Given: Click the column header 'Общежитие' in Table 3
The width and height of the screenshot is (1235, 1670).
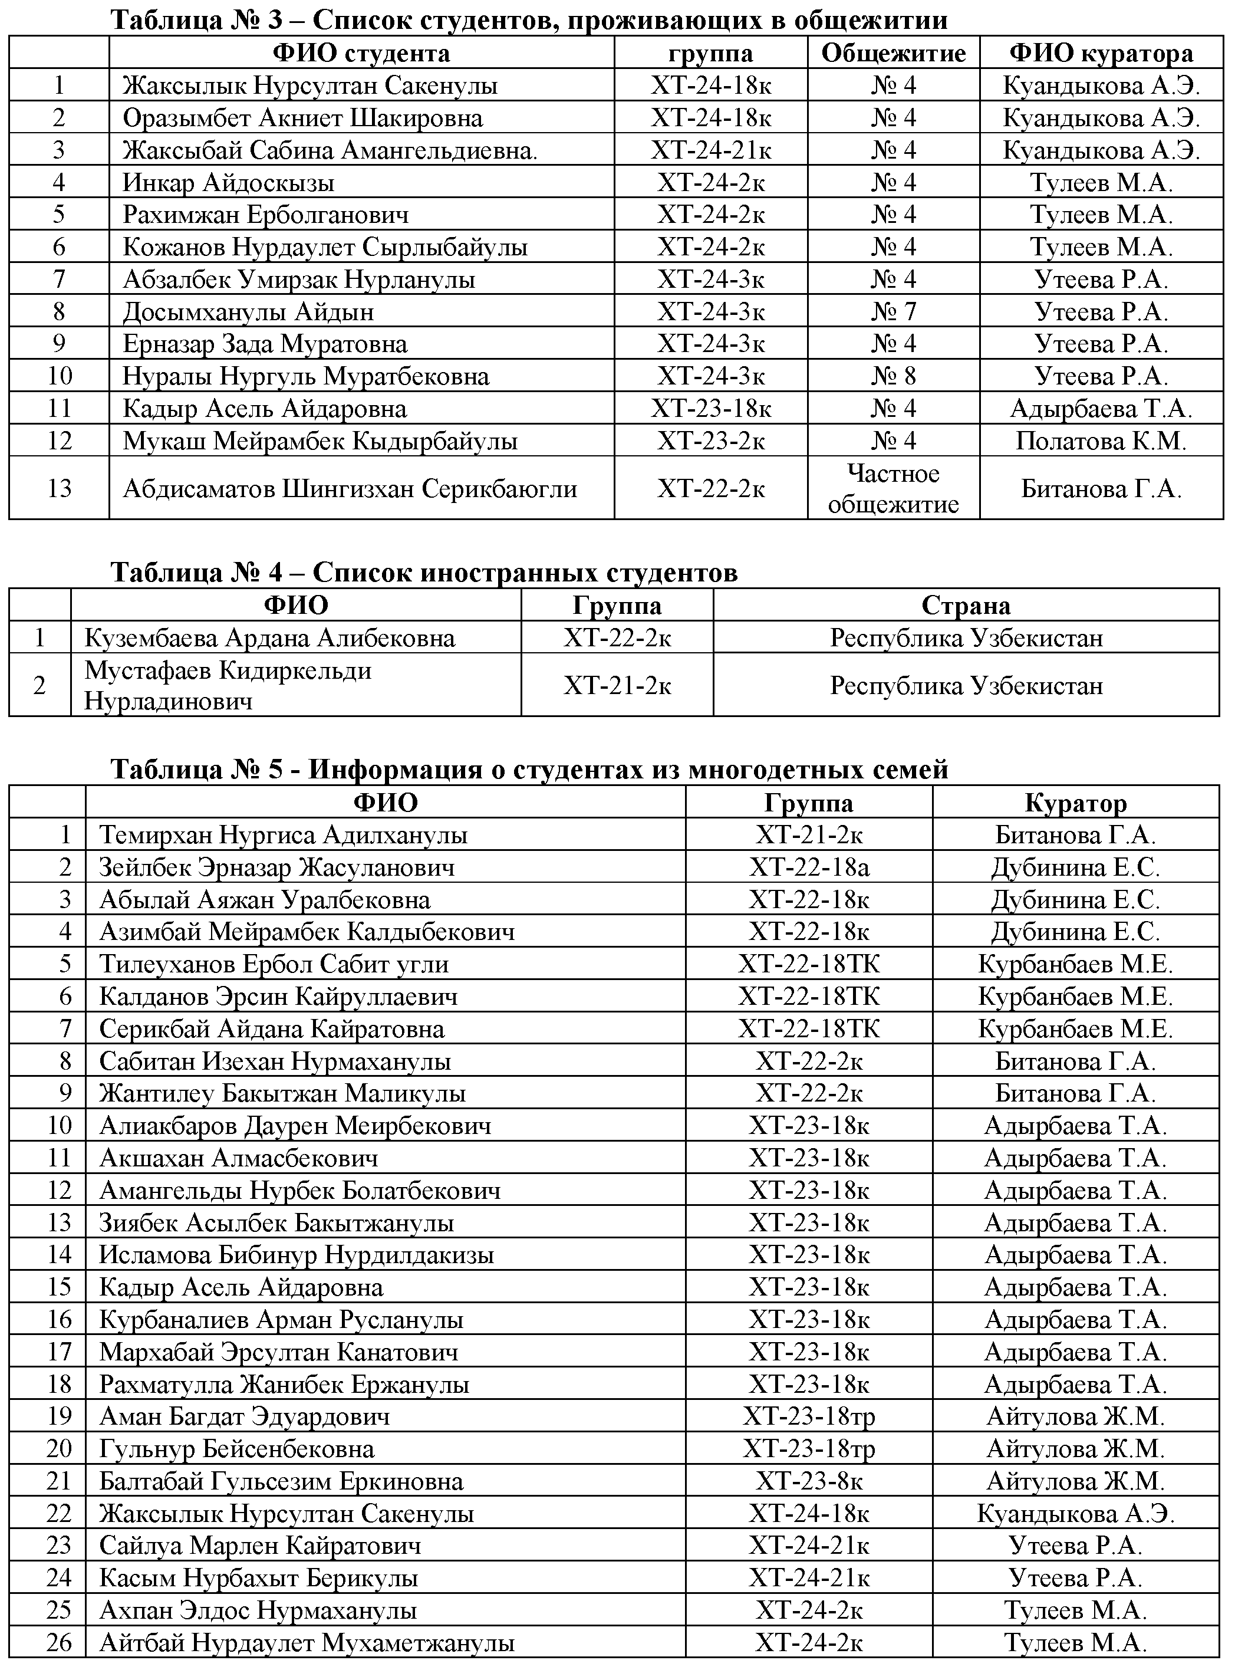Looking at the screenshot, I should pyautogui.click(x=893, y=53).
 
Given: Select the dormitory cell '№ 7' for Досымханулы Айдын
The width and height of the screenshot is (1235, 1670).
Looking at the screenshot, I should pyautogui.click(x=893, y=311).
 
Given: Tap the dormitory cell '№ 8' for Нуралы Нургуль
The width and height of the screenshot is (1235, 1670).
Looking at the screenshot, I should pyautogui.click(x=893, y=376).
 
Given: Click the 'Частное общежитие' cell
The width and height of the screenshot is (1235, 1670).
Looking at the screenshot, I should pyautogui.click(x=893, y=488).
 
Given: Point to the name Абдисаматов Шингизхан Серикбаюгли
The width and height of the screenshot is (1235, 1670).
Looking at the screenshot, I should pyautogui.click(x=350, y=489).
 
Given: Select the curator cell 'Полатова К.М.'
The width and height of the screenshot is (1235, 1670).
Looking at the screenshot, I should pyautogui.click(x=1101, y=440).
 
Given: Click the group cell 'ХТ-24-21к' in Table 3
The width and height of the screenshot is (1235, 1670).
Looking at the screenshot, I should pyautogui.click(x=710, y=150).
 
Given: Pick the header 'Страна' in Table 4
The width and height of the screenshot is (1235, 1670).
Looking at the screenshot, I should pyautogui.click(x=965, y=605).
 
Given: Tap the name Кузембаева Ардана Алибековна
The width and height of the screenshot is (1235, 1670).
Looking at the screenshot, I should pyautogui.click(x=269, y=638).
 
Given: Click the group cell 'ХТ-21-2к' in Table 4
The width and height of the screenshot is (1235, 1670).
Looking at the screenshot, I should pyautogui.click(x=617, y=685).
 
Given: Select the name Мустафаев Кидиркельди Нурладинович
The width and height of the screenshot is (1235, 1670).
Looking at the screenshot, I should pyautogui.click(x=228, y=685).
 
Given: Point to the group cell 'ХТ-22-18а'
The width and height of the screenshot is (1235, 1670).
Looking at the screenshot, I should pyautogui.click(x=809, y=867).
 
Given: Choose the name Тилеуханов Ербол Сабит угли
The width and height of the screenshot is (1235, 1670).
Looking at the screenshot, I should pyautogui.click(x=274, y=964).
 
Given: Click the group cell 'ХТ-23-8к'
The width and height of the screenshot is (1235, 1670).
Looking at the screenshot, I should pyautogui.click(x=809, y=1481).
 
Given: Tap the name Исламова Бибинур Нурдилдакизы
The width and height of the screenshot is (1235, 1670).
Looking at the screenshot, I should pyautogui.click(x=296, y=1255).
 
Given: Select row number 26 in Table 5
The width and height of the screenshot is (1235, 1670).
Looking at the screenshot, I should pyautogui.click(x=59, y=1642).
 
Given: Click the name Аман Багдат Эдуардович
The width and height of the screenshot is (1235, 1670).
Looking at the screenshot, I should pyautogui.click(x=245, y=1416).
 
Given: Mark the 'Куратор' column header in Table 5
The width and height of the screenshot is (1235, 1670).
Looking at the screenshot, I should pyautogui.click(x=1075, y=803).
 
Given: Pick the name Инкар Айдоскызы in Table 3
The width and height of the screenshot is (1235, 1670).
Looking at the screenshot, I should pyautogui.click(x=228, y=182).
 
